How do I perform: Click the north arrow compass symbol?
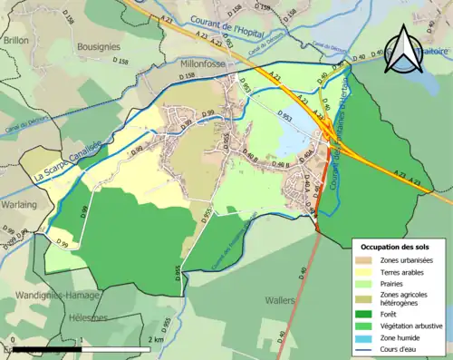[x=403, y=49]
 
